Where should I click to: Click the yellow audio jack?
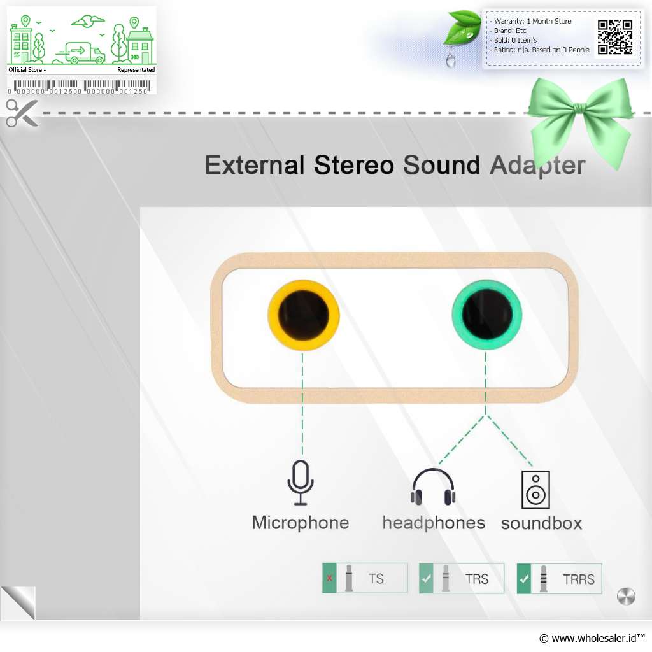point(303,315)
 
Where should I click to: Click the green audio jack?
point(487,314)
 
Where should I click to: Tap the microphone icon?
point(301,483)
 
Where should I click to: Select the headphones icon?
point(433,486)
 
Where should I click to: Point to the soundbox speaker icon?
point(535,490)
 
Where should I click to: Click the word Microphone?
point(301,523)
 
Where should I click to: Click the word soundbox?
point(541,523)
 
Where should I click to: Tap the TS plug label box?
point(365,578)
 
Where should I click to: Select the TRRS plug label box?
point(559,578)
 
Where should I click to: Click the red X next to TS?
point(329,578)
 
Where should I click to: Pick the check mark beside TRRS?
point(524,578)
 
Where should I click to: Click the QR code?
point(615,37)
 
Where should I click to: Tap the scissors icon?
point(22,113)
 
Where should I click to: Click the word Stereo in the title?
point(354,165)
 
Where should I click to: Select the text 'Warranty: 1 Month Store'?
point(533,21)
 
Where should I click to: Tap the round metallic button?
point(626,597)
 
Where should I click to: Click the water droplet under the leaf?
point(450,59)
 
